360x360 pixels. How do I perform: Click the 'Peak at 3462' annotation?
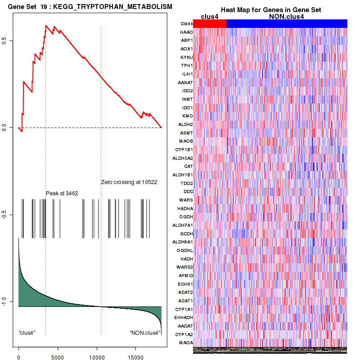[62, 193]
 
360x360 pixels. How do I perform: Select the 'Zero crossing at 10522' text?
[129, 182]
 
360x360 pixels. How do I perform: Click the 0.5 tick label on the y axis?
[10, 40]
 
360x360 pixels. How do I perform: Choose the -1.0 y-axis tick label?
[10, 301]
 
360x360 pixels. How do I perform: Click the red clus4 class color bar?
[210, 23]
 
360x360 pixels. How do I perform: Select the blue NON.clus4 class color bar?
[287, 23]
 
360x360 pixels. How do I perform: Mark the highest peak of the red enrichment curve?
[46, 26]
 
